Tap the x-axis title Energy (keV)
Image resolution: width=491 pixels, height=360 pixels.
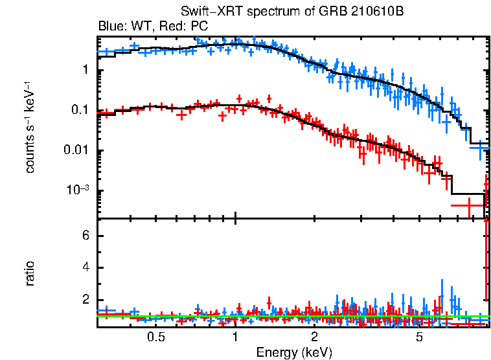coord(294,352)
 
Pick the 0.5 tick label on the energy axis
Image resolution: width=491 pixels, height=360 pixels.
coord(155,337)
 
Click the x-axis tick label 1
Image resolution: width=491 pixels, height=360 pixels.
coord(235,337)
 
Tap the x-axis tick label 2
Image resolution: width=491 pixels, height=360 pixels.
coord(314,337)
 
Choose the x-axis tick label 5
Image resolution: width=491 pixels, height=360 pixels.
coord(419,337)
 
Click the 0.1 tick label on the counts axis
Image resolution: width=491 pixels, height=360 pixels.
coord(79,111)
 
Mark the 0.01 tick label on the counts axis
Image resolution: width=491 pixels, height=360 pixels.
coord(76,151)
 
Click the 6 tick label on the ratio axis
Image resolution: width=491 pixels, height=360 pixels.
coord(85,236)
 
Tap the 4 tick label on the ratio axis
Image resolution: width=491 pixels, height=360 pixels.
coord(85,268)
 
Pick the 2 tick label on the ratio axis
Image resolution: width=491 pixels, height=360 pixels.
coord(85,300)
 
